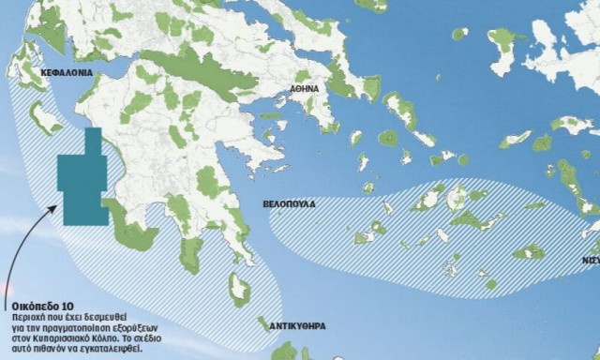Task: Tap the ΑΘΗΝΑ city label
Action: (304, 89)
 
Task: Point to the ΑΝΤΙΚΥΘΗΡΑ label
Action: (297, 327)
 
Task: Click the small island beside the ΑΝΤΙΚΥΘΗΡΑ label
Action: (262, 324)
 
